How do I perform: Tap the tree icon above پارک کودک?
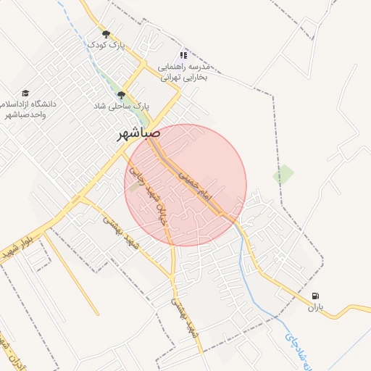click(107, 33)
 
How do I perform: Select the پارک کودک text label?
click(107, 45)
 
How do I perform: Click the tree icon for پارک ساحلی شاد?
click(121, 94)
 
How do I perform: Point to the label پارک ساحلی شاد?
click(122, 106)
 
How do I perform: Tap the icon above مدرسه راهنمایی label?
click(183, 54)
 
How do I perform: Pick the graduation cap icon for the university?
click(26, 93)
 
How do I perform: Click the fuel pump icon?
click(314, 296)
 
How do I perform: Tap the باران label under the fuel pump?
click(314, 307)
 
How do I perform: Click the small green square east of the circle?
click(283, 174)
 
